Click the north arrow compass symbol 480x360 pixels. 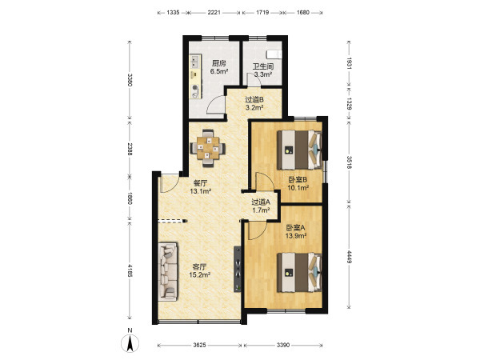click(x=130, y=343)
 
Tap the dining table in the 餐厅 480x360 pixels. click(x=208, y=148)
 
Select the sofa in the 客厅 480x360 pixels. click(x=168, y=271)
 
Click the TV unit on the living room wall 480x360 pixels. click(x=238, y=269)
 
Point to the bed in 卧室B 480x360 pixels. click(x=300, y=150)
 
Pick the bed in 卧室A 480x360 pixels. click(x=300, y=272)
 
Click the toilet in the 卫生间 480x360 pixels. click(x=274, y=54)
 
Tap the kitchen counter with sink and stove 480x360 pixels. click(x=195, y=77)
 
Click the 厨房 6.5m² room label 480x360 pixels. click(x=219, y=67)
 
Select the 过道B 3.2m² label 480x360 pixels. click(x=254, y=103)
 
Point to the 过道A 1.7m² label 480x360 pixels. click(x=261, y=206)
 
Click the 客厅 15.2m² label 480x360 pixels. click(x=199, y=270)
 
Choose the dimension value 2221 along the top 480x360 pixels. click(x=214, y=13)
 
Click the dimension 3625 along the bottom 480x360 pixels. click(x=199, y=346)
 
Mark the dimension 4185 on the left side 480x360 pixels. click(x=130, y=270)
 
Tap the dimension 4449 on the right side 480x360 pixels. click(x=349, y=258)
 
